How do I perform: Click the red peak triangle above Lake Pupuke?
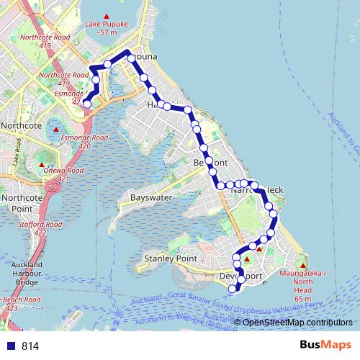(x=107, y=17)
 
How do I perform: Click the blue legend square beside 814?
(x=9, y=346)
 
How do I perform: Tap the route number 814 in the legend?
(x=30, y=346)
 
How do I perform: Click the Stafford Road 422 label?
(x=38, y=228)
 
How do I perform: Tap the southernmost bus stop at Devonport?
(x=232, y=289)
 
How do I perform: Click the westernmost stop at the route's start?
(x=87, y=104)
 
